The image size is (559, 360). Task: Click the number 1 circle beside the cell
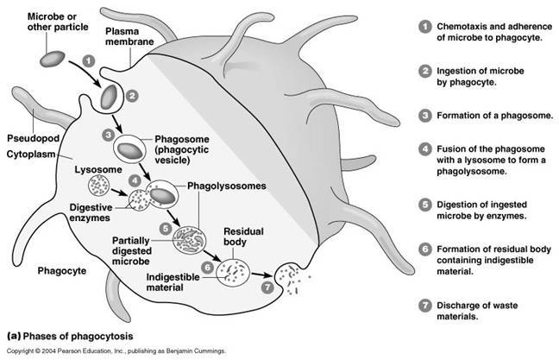tap(89, 61)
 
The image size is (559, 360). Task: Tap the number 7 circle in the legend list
tap(424, 306)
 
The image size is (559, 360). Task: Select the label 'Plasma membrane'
tap(129, 36)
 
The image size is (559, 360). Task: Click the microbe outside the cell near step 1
tap(53, 59)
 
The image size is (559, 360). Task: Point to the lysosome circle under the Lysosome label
tap(98, 186)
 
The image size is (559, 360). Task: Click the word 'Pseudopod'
tap(33, 138)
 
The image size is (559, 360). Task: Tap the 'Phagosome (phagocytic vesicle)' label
tap(182, 149)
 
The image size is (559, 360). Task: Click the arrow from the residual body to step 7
tap(262, 275)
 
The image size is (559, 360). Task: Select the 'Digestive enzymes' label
tap(91, 212)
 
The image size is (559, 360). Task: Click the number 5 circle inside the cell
tap(166, 229)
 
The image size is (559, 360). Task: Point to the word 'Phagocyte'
tap(62, 271)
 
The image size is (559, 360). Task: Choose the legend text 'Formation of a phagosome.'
tap(495, 116)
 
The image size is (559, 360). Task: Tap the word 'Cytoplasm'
tap(31, 155)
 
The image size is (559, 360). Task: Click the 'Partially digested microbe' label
tap(131, 251)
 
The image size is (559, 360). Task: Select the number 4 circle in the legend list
tap(424, 149)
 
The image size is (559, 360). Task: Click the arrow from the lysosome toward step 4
tap(119, 193)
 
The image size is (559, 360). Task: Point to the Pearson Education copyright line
tap(116, 351)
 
